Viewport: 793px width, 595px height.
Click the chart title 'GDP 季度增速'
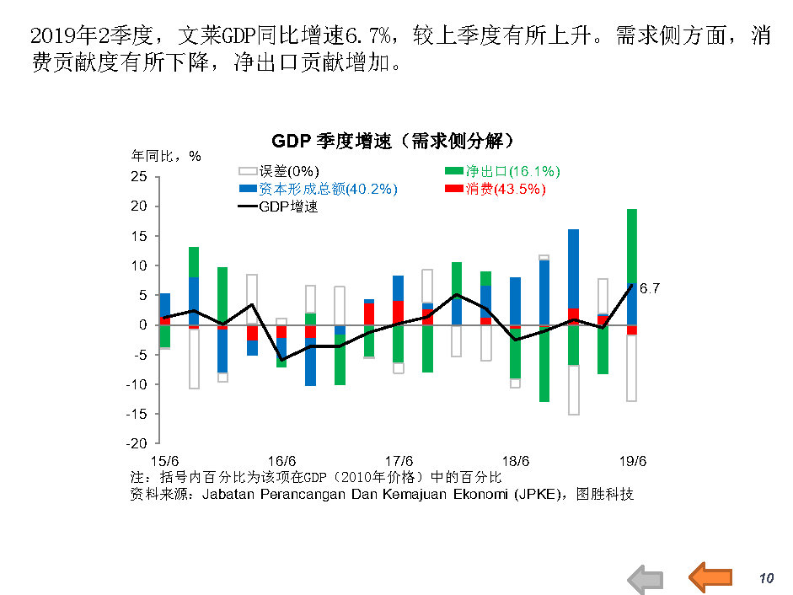pyautogui.click(x=393, y=141)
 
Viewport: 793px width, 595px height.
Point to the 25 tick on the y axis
pyautogui.click(x=140, y=177)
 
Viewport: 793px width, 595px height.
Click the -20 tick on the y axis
pyautogui.click(x=137, y=443)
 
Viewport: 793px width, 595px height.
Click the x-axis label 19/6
pyautogui.click(x=633, y=461)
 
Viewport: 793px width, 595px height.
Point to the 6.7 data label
pyautogui.click(x=650, y=289)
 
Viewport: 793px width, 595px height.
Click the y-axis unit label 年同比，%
pyautogui.click(x=166, y=156)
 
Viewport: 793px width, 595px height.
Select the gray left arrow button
pyautogui.click(x=646, y=579)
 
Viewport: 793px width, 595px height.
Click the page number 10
pyautogui.click(x=766, y=578)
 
